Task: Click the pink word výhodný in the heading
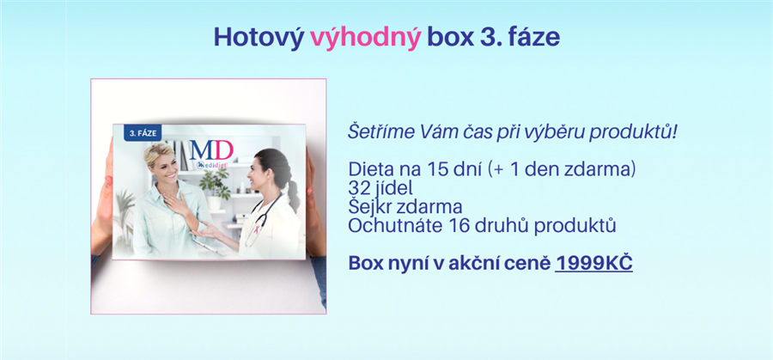pyautogui.click(x=365, y=38)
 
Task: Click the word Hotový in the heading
pyautogui.click(x=259, y=36)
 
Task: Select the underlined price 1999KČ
pyautogui.click(x=593, y=263)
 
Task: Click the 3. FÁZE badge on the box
pyautogui.click(x=143, y=133)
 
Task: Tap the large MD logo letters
pyautogui.click(x=211, y=149)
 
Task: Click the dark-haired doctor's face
pyautogui.click(x=260, y=173)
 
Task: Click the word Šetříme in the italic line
pyautogui.click(x=380, y=132)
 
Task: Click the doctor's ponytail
pyautogui.click(x=293, y=190)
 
